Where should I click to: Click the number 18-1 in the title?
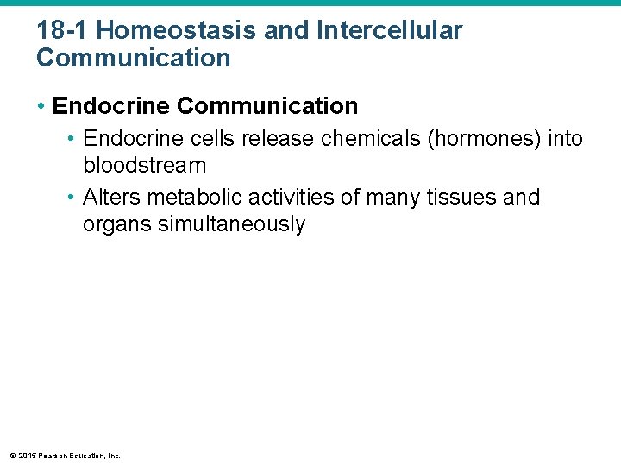(x=59, y=31)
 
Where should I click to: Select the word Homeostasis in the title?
(x=157, y=31)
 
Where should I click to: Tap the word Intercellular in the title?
(x=389, y=31)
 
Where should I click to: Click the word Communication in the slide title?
(x=134, y=59)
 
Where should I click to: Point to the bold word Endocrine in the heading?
(x=110, y=106)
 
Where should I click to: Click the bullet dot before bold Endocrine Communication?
(x=41, y=107)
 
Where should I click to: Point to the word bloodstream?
(x=144, y=166)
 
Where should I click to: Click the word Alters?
(x=107, y=198)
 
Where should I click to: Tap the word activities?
(x=284, y=198)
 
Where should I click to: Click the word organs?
(x=117, y=224)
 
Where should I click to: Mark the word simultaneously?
(x=232, y=224)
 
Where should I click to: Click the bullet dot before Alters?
(x=72, y=198)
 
